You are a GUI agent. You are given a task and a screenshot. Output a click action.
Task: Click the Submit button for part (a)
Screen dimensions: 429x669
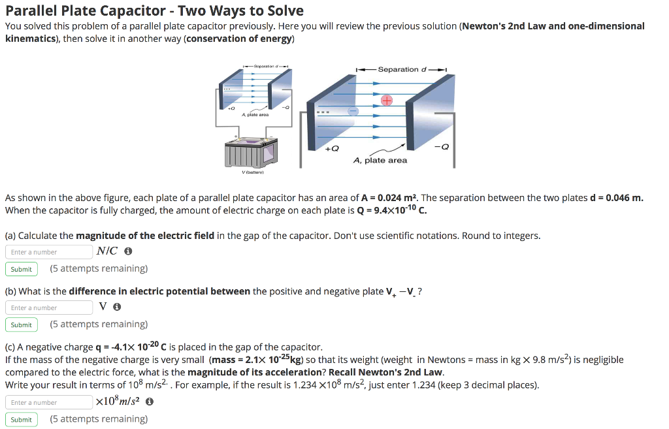(21, 269)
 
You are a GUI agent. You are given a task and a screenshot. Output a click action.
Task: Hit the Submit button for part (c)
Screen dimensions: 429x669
(21, 419)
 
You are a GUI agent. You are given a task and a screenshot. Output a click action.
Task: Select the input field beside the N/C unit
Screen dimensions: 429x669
(49, 252)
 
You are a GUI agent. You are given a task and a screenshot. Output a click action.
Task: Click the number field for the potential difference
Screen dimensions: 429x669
(49, 308)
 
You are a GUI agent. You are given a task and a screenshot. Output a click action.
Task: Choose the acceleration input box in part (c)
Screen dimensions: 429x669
(49, 402)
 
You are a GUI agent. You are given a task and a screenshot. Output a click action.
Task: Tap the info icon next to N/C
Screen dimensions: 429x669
(128, 251)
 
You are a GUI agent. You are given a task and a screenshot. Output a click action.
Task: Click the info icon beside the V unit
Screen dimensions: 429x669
(116, 308)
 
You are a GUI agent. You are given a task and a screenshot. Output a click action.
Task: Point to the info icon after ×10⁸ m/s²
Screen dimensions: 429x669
(149, 402)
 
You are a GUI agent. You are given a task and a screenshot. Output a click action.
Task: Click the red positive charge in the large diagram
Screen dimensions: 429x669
(386, 101)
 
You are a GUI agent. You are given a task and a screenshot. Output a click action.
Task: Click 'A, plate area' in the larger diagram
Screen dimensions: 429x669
(380, 160)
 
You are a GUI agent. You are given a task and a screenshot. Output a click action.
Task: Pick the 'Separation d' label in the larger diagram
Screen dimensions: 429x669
(402, 69)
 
